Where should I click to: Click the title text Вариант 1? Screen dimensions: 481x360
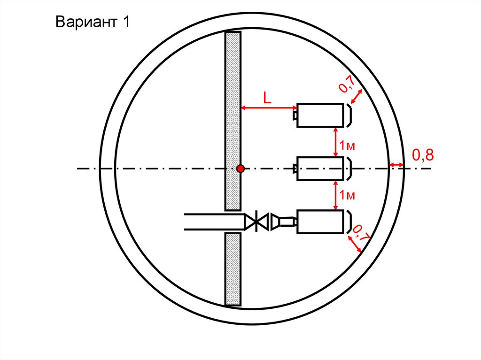click(93, 22)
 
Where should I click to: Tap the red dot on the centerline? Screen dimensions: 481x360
click(240, 169)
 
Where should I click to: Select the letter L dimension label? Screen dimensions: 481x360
click(267, 98)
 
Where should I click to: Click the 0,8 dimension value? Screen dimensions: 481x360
click(423, 155)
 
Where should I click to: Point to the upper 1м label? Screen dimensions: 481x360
click(347, 146)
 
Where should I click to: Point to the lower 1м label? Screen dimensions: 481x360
click(347, 195)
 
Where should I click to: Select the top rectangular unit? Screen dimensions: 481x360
click(320, 115)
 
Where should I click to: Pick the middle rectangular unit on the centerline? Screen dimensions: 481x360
click(320, 169)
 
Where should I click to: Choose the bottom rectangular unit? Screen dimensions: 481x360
click(320, 222)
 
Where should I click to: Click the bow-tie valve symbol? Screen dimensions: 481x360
click(256, 222)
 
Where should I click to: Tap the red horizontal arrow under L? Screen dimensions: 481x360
click(269, 107)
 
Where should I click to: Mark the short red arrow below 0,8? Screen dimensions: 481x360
click(396, 165)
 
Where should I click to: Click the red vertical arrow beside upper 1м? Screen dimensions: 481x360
click(335, 142)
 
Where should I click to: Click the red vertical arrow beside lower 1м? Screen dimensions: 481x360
click(335, 195)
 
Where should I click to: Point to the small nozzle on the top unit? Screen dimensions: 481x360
click(295, 115)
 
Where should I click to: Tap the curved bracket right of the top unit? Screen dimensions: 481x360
click(349, 115)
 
